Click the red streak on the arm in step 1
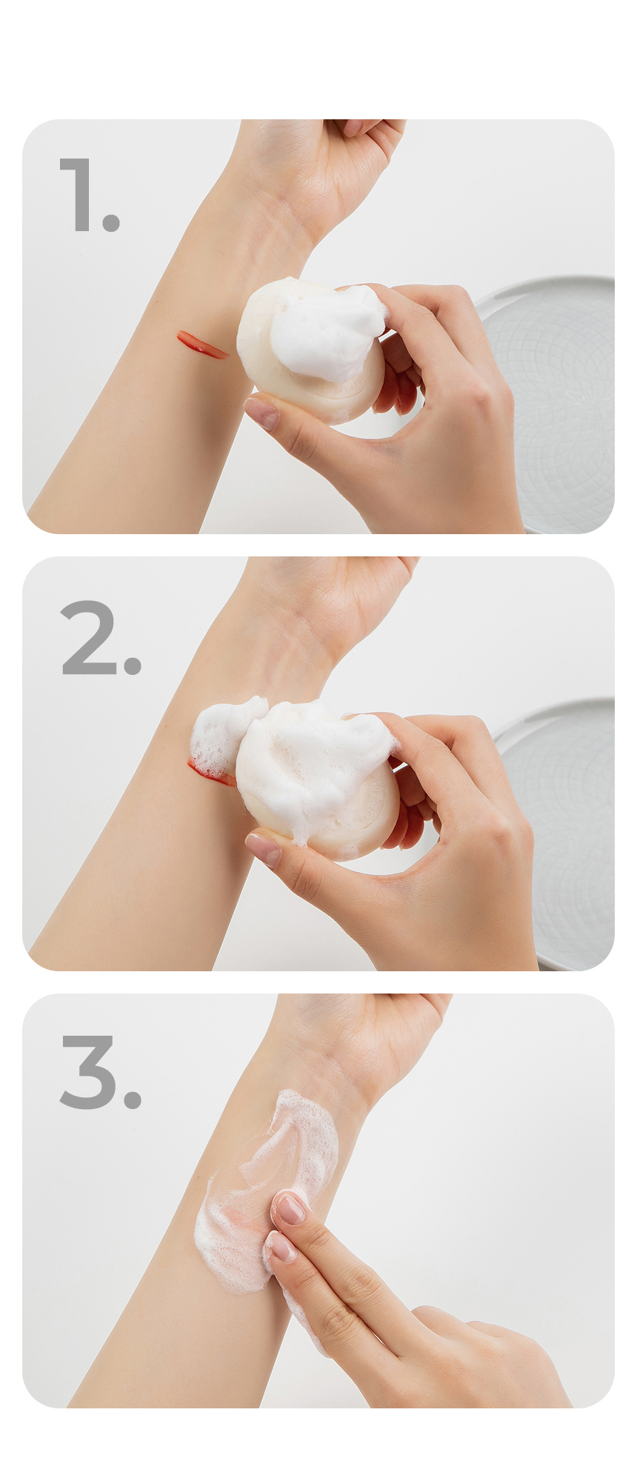click(201, 344)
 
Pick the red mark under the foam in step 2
click(211, 773)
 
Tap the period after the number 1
click(111, 222)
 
